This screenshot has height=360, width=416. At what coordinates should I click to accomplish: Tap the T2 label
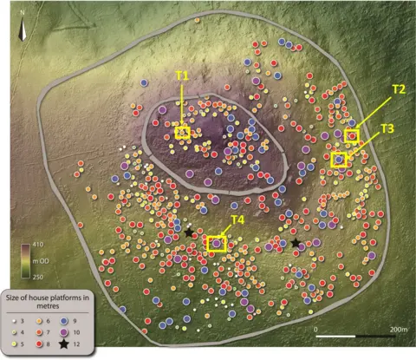pos(398,89)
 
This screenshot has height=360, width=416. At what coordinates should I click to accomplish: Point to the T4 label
pos(237,219)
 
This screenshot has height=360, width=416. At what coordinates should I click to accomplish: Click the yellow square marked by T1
pos(183,132)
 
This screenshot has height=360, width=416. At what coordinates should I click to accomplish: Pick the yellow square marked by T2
pos(352,135)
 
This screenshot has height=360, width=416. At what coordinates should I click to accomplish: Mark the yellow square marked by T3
pos(339,160)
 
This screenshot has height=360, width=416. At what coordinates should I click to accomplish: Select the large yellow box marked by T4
pos(216,244)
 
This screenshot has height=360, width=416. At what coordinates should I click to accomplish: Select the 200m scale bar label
pos(397,331)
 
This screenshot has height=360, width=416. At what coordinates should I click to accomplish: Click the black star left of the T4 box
pos(189,232)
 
